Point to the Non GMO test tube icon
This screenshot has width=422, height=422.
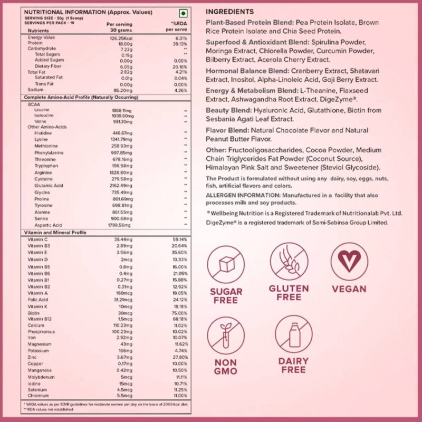pyautogui.click(x=226, y=335)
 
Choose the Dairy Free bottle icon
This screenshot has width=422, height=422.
pyautogui.click(x=293, y=335)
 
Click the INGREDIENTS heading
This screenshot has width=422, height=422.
pyautogui.click(x=229, y=12)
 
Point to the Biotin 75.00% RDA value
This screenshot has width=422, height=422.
pyautogui.click(x=180, y=312)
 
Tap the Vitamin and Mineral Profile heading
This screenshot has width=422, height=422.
pyautogui.click(x=55, y=232)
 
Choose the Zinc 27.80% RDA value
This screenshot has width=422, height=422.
pyautogui.click(x=180, y=358)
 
